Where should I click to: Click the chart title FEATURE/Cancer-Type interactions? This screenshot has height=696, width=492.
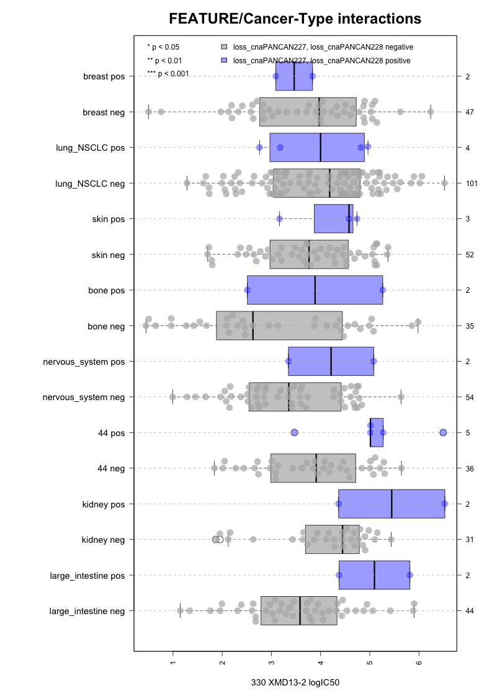point(295,19)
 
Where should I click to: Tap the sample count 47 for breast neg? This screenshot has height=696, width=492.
point(470,112)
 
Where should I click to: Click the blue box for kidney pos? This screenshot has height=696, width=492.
point(391,504)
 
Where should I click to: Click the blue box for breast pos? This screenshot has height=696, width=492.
point(294,76)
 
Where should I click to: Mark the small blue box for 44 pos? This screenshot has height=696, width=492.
point(377,432)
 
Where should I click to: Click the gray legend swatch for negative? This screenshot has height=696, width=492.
point(225,47)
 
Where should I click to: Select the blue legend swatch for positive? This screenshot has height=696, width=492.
point(225,60)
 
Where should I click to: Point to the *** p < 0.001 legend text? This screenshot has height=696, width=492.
point(168,74)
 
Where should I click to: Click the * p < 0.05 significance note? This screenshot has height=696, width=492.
point(163,47)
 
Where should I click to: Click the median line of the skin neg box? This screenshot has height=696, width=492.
point(309,254)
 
